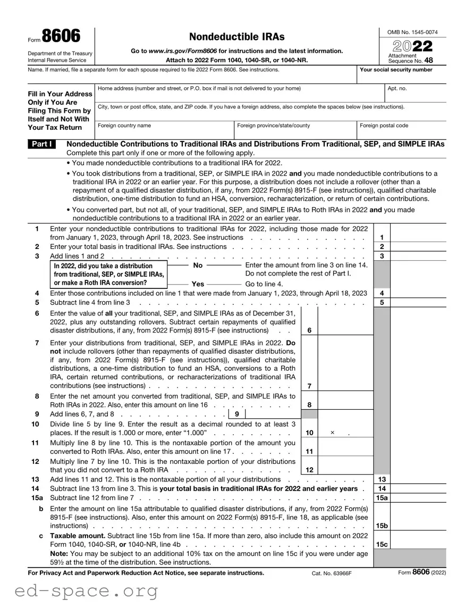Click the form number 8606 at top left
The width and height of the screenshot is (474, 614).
pyautogui.click(x=61, y=37)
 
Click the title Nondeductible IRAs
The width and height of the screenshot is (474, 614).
pyautogui.click(x=237, y=37)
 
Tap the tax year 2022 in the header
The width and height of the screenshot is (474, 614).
pyautogui.click(x=413, y=46)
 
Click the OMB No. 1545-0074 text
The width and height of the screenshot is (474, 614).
pyautogui.click(x=413, y=33)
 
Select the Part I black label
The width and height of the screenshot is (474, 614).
pyautogui.click(x=43, y=144)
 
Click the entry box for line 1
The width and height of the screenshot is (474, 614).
pyautogui.click(x=418, y=237)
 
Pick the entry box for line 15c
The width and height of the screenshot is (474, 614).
pyautogui.click(x=418, y=544)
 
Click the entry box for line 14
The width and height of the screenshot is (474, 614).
pyautogui.click(x=418, y=488)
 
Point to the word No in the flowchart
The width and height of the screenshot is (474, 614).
pyautogui.click(x=198, y=265)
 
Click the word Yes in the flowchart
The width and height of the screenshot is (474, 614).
pyautogui.click(x=198, y=284)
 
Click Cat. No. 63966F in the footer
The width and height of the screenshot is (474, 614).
pyautogui.click(x=332, y=573)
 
